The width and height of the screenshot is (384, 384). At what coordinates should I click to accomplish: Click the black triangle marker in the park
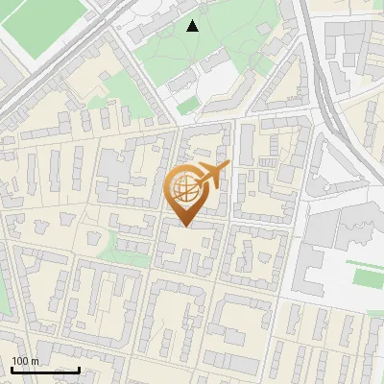(193, 26)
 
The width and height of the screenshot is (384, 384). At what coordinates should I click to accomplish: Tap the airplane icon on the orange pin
(214, 174)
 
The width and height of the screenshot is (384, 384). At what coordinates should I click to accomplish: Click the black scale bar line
(45, 370)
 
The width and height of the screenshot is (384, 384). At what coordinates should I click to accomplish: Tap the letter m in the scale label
(35, 361)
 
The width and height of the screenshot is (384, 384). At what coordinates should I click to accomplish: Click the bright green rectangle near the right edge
(368, 278)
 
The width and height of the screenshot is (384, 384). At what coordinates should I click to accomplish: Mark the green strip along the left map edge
(5, 288)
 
